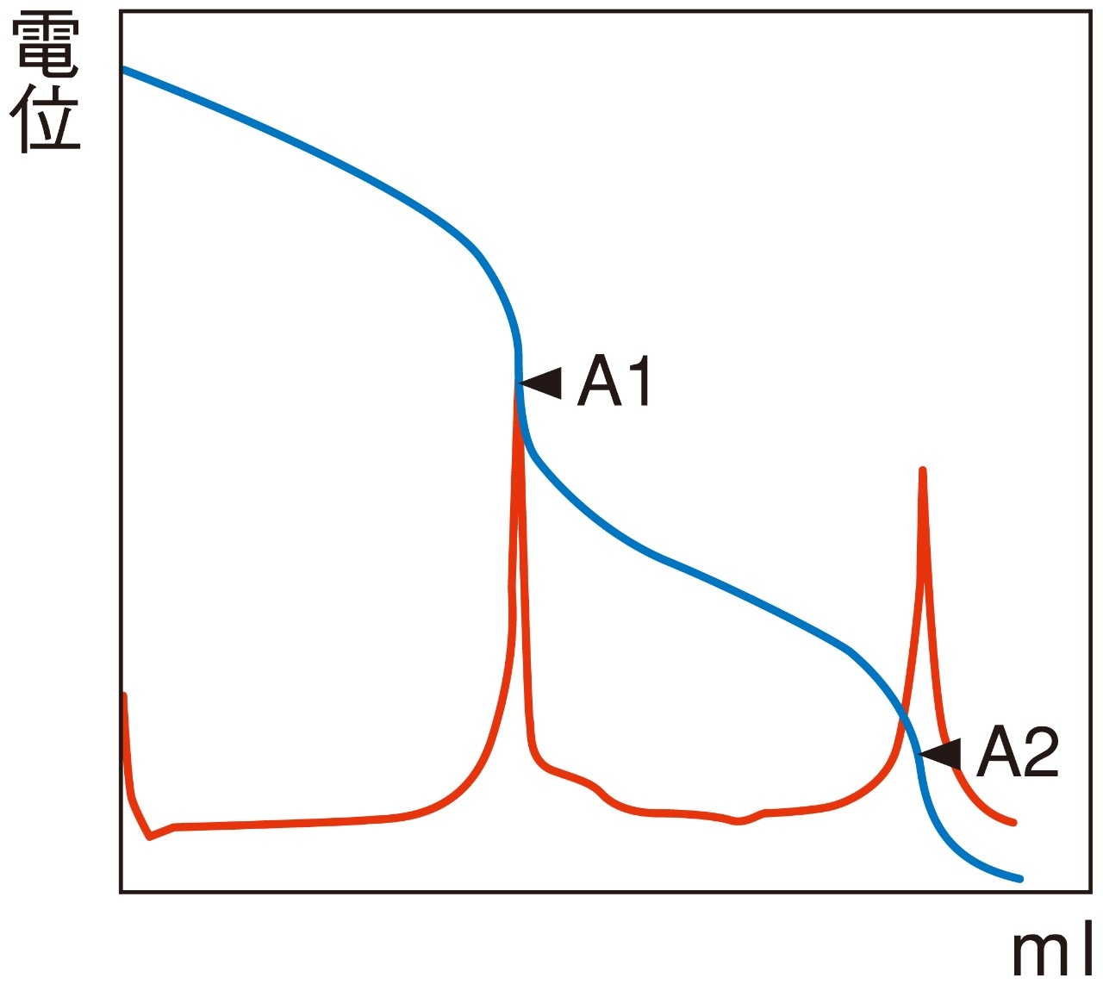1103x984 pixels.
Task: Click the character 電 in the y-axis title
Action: click(47, 45)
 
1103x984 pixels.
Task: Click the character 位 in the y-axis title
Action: click(47, 118)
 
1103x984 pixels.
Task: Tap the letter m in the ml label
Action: click(1042, 951)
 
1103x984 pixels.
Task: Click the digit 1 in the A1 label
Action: click(639, 381)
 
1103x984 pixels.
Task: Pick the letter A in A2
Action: click(998, 751)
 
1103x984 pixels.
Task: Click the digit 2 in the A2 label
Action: click(1040, 751)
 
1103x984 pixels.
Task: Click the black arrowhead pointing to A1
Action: click(542, 383)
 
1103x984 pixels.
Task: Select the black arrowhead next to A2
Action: click(942, 754)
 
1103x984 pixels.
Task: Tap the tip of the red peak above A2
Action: click(923, 470)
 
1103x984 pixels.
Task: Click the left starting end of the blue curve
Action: click(124, 69)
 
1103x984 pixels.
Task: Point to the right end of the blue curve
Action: click(1020, 879)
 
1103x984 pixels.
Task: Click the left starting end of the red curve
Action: click(125, 694)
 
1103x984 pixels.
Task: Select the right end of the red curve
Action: click(1014, 823)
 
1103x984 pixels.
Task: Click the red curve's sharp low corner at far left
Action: click(150, 837)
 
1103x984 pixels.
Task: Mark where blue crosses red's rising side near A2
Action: click(903, 717)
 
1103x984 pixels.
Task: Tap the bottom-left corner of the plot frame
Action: click(121, 891)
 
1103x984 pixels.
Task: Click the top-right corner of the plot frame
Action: click(1091, 12)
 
